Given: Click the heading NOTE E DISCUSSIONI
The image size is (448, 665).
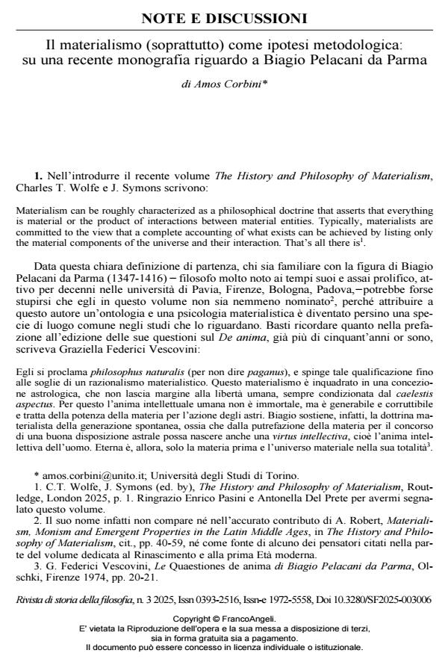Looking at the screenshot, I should tap(223, 16).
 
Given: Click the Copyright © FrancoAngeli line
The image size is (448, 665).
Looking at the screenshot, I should tap(224, 619).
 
